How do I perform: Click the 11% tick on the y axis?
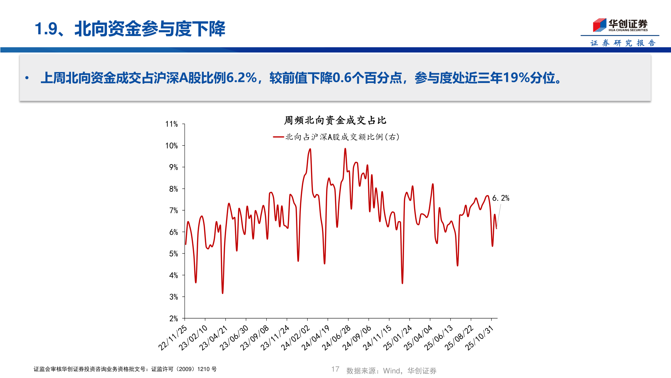[x=172, y=124]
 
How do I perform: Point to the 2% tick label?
[x=174, y=318]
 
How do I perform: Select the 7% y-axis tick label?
[x=174, y=210]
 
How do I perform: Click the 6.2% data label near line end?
[x=500, y=198]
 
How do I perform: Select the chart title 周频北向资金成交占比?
[x=335, y=120]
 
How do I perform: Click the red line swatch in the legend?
[x=278, y=137]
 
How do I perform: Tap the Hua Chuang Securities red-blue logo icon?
[x=599, y=25]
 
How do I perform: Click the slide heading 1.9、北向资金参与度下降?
[x=130, y=29]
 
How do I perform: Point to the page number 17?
[x=335, y=369]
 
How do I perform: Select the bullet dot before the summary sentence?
[x=27, y=78]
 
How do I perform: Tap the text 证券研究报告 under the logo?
[x=623, y=43]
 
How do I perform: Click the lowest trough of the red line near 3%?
[x=223, y=293]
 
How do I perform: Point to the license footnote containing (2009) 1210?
[x=125, y=369]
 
